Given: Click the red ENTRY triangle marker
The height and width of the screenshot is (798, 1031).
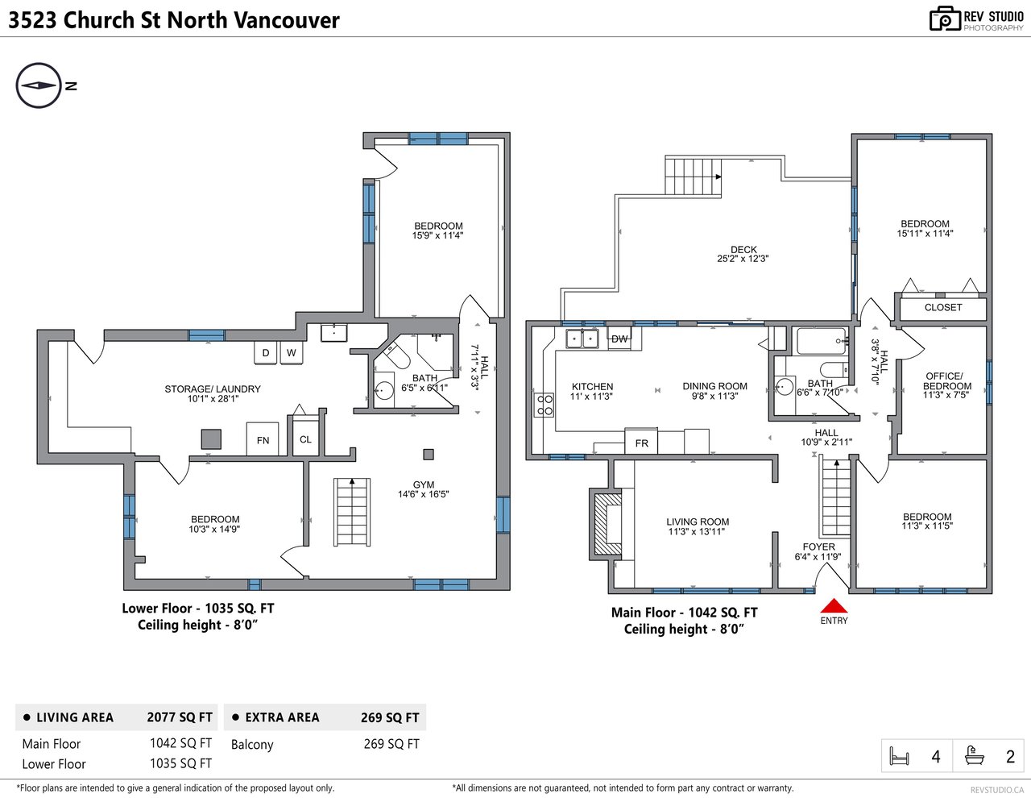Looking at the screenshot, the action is (x=834, y=605).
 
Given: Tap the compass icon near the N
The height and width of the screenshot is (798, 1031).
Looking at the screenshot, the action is (x=39, y=85).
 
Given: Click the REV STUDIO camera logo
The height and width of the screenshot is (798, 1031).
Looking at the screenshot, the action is (x=945, y=19).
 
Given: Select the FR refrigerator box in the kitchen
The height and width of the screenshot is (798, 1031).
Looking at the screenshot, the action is (x=641, y=442).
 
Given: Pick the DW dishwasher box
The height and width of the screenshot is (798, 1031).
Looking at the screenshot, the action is (x=619, y=339).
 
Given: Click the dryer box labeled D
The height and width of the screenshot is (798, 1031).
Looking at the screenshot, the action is (x=266, y=353).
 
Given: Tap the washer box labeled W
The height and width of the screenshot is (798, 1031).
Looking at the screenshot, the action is (x=292, y=353).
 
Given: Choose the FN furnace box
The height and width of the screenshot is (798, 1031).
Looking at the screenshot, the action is (x=263, y=439).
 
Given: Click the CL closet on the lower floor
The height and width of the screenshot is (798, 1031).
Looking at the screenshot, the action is (x=305, y=438).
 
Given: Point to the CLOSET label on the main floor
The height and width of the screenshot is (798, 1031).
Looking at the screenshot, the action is (x=942, y=308).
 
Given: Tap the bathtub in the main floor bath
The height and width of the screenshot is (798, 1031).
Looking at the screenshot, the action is (x=822, y=341).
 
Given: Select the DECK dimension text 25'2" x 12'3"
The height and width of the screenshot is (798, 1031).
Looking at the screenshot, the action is (x=743, y=259).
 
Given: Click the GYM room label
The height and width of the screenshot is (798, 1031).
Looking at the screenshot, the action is (x=423, y=484).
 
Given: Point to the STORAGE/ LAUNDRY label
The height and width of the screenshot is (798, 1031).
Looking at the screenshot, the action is (x=213, y=389).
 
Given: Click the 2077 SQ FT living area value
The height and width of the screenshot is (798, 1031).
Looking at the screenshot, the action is (x=180, y=717).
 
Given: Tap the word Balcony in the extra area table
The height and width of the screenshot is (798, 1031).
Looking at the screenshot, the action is (x=252, y=744).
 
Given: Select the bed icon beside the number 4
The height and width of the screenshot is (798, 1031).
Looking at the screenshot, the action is (x=899, y=756).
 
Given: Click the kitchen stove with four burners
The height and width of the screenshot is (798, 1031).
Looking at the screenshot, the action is (x=544, y=405).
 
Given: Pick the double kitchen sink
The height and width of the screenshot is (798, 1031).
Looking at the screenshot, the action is (x=582, y=339).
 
